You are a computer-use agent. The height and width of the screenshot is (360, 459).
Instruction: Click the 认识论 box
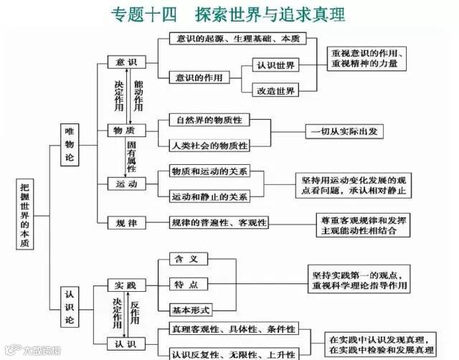coord(70,304)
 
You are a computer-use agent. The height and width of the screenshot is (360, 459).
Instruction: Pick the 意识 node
coord(126,64)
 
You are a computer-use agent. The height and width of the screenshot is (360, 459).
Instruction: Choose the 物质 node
coord(126,131)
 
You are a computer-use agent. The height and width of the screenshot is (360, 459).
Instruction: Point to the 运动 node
coord(126,184)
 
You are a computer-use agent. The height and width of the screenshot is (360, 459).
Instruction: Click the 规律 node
coord(126,222)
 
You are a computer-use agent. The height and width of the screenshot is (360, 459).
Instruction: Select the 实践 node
coord(126,286)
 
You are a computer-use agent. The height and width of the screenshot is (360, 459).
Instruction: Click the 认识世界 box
coord(276,65)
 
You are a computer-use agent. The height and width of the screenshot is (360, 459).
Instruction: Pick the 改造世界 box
coord(276,90)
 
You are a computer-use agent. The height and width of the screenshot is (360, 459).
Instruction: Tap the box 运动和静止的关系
coord(209,196)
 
